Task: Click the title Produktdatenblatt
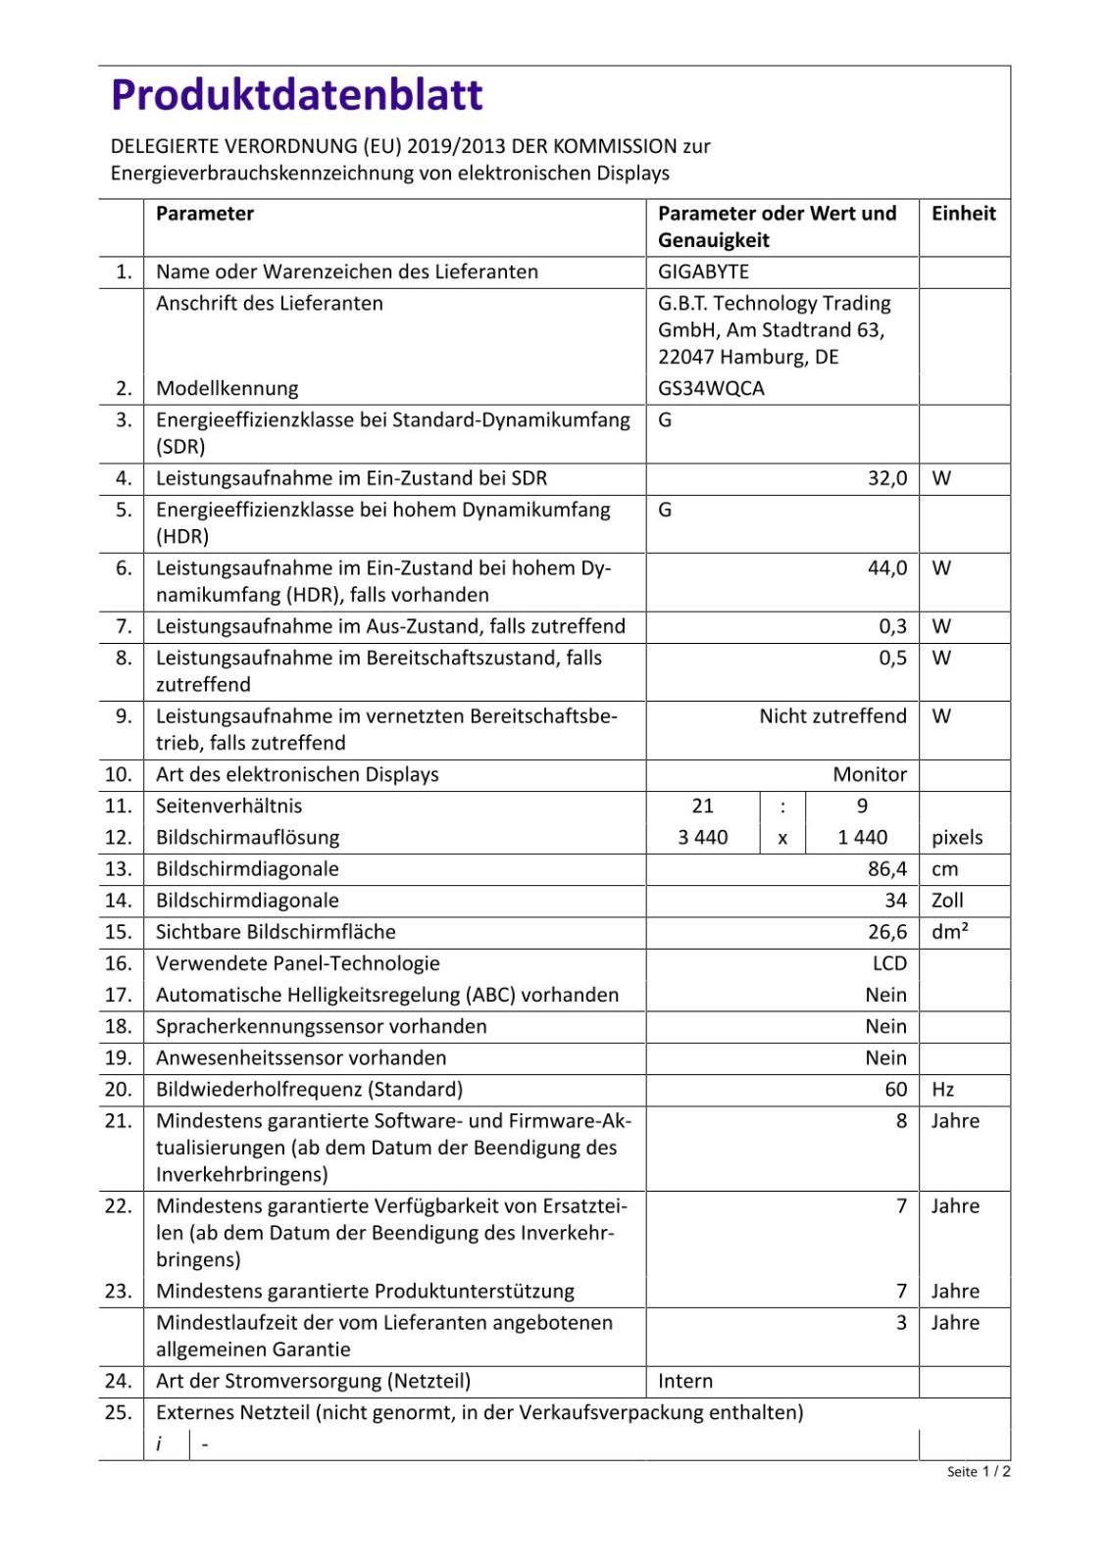click(x=297, y=95)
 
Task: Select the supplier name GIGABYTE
click(x=703, y=271)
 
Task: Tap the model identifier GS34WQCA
click(x=711, y=388)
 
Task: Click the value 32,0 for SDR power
click(x=887, y=478)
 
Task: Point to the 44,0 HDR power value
click(x=887, y=568)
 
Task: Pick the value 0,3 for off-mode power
click(x=892, y=626)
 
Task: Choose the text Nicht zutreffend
click(x=832, y=716)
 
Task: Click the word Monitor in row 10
click(x=870, y=774)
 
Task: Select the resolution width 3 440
click(x=703, y=837)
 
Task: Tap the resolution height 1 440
click(x=862, y=837)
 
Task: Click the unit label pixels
click(x=957, y=837)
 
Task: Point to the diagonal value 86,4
click(x=887, y=869)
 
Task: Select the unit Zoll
click(x=947, y=901)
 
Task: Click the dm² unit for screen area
click(x=949, y=932)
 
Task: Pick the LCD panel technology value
click(x=889, y=963)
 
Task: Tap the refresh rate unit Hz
click(x=942, y=1090)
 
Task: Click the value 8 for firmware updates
click(x=901, y=1121)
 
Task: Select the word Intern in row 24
click(x=685, y=1381)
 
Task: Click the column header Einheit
click(x=963, y=214)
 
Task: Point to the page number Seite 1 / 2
click(x=979, y=1471)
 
